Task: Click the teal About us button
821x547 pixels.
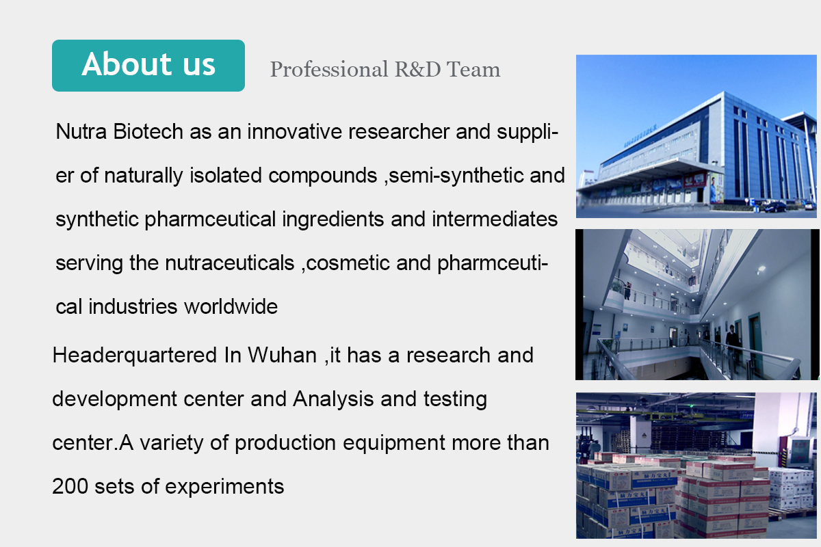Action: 148,66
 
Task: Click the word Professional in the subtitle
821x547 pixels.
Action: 329,70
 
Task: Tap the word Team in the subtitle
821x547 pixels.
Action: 473,69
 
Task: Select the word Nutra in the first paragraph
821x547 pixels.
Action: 81,131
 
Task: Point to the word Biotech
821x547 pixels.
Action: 148,131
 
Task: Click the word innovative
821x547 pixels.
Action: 294,131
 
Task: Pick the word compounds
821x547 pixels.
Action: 322,176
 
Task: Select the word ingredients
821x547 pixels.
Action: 333,220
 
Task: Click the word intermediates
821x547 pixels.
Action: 495,219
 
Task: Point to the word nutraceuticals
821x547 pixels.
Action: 230,263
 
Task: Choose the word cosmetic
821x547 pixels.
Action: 348,263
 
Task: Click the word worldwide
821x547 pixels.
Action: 231,306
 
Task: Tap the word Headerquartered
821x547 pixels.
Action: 135,356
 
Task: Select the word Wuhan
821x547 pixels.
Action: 282,355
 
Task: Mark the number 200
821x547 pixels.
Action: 70,487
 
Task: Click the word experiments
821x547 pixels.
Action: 224,488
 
